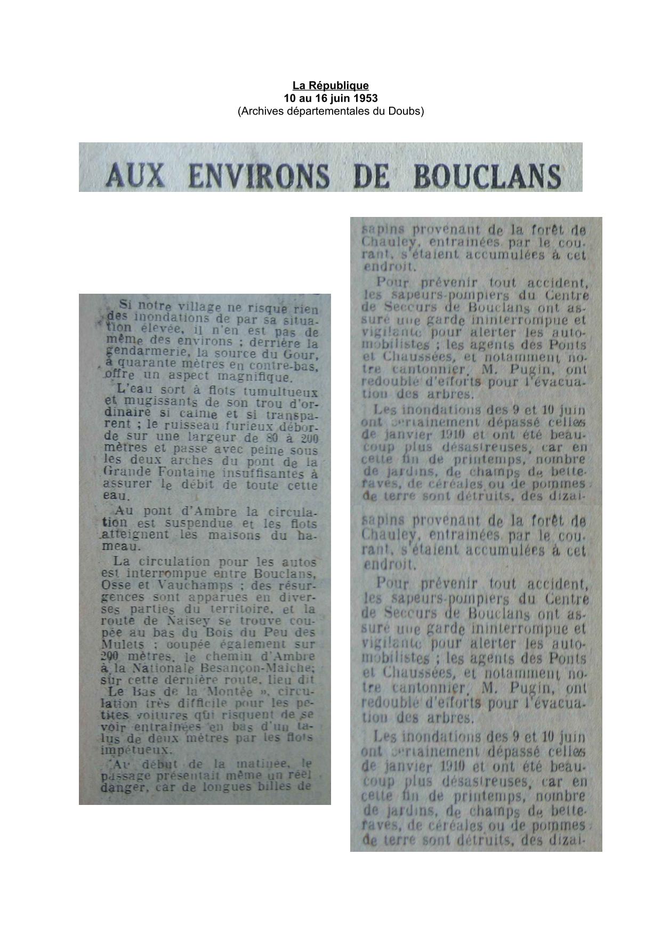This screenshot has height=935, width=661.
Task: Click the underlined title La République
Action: [x=330, y=85]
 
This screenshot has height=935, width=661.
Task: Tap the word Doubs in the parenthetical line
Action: [x=406, y=111]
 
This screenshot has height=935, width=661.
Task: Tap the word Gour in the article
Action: [x=305, y=353]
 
